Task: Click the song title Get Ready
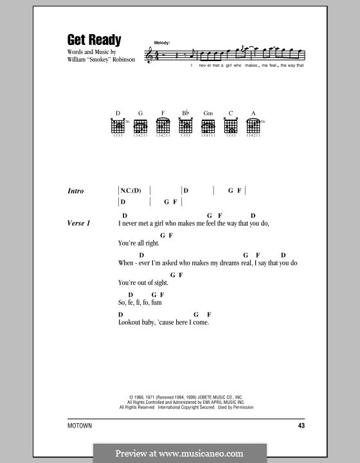(94, 40)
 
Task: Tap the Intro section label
(76, 191)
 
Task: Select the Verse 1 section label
(78, 223)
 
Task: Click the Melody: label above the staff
(162, 43)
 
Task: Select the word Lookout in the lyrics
(130, 322)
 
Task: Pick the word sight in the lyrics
(160, 283)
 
